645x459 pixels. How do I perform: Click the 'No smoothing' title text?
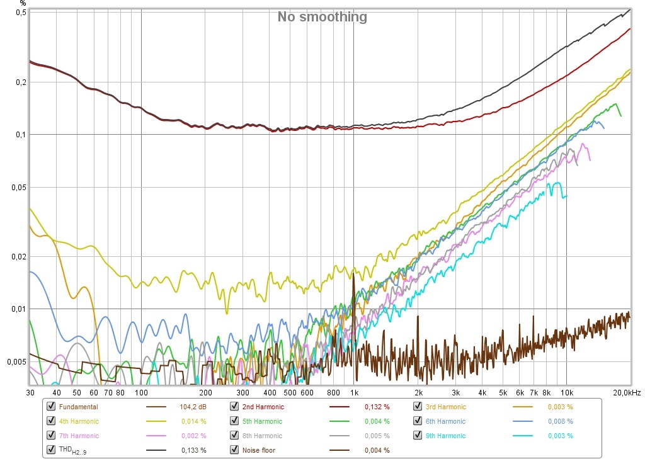tap(322, 17)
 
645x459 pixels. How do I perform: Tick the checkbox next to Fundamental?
tap(51, 406)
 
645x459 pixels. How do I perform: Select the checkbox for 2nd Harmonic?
tap(234, 406)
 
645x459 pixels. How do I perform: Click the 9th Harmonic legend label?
tap(445, 436)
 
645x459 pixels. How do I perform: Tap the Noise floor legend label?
tap(259, 450)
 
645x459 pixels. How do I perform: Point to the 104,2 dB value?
tap(193, 407)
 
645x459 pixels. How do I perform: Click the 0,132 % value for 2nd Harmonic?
tap(377, 407)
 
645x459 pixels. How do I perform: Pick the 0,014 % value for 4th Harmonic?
tap(194, 421)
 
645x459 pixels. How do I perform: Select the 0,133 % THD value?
tap(194, 450)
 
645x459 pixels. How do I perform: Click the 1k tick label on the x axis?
tap(354, 393)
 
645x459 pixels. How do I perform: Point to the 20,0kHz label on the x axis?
tap(627, 393)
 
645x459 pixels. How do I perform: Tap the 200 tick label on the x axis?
tap(206, 393)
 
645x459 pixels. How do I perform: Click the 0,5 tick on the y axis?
tap(21, 13)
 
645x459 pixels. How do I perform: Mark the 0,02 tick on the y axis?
tap(19, 257)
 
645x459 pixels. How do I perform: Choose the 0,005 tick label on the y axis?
tap(17, 362)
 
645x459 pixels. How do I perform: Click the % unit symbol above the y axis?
tap(23, 3)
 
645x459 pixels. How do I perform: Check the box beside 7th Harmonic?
tap(51, 435)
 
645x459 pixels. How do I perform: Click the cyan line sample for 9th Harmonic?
tap(522, 436)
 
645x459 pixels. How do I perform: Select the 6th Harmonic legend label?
tap(445, 421)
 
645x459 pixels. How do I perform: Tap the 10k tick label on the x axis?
tap(567, 393)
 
